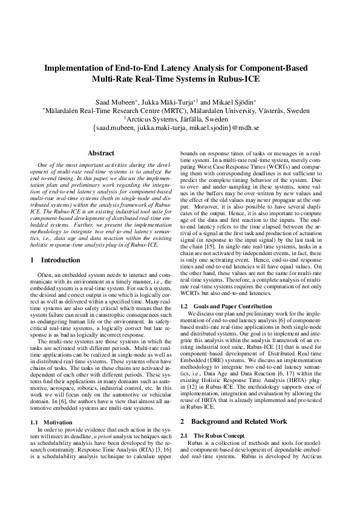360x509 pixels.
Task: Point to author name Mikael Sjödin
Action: [231, 101]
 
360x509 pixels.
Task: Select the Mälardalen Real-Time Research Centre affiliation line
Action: [180, 111]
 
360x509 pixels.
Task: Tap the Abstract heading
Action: [101, 154]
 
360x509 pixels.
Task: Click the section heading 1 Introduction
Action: [55, 260]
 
